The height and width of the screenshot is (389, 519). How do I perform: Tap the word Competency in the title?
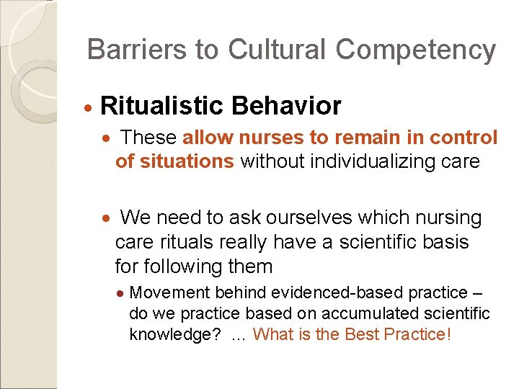416,50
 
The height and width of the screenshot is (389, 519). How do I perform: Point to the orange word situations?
175,161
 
